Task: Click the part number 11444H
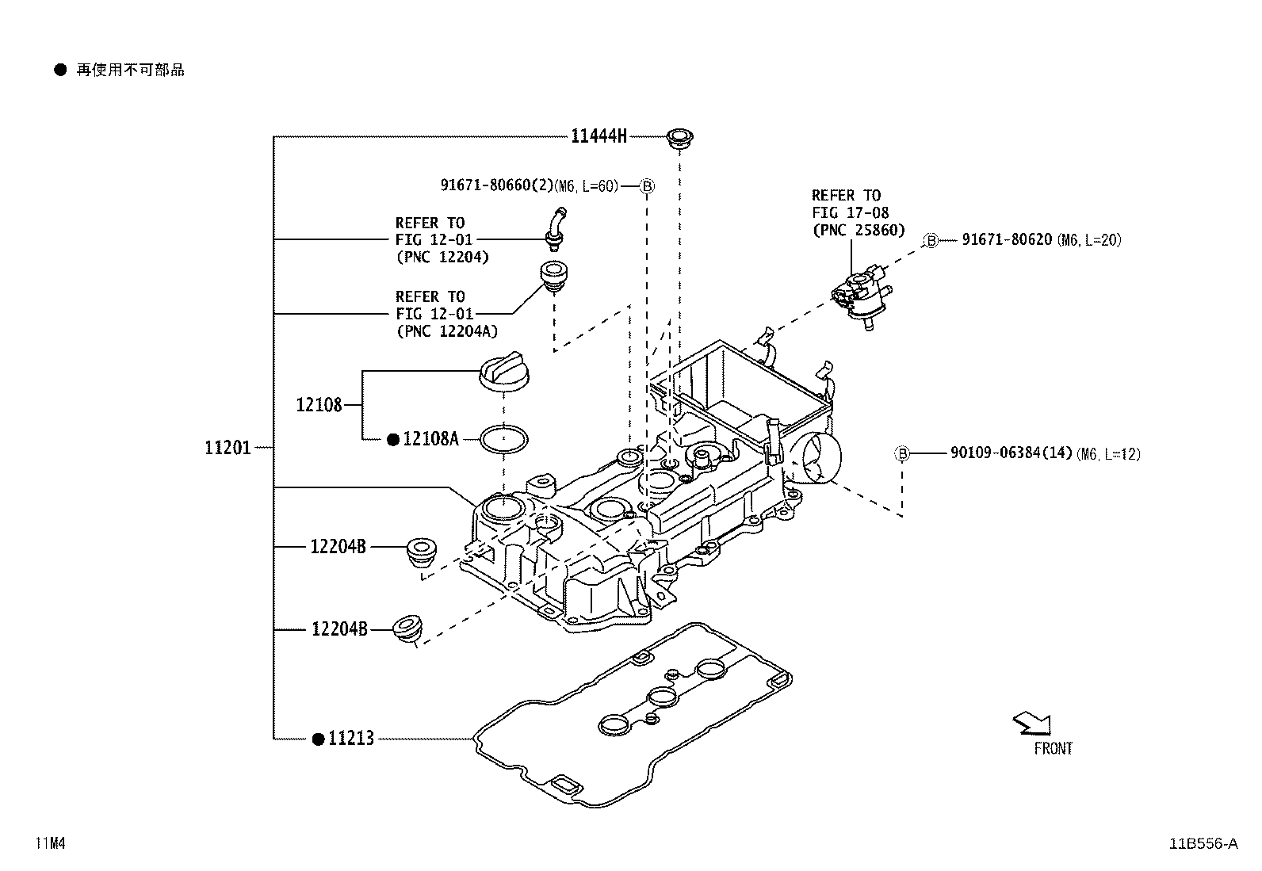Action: [598, 136]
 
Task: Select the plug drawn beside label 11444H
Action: [679, 138]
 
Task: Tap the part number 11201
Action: [228, 448]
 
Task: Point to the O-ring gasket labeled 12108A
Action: [504, 439]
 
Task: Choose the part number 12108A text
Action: [430, 439]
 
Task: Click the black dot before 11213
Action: [318, 739]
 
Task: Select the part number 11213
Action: [350, 739]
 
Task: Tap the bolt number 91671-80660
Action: [495, 185]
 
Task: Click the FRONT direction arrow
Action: [1032, 722]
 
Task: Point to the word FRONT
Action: [1053, 748]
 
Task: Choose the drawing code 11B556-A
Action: [1202, 843]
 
